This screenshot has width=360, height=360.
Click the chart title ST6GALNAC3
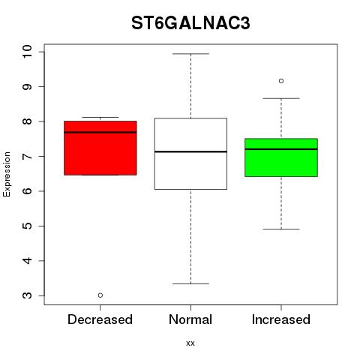point(190,23)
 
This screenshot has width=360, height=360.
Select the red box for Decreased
point(100,148)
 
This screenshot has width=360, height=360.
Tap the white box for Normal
point(190,154)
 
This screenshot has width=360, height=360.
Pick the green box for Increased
point(281,157)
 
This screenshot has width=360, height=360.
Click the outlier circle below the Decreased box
point(100,295)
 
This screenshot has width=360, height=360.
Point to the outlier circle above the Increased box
point(281,81)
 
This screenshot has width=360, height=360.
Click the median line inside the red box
point(100,132)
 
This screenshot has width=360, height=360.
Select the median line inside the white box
point(190,151)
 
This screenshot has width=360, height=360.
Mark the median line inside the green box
point(281,149)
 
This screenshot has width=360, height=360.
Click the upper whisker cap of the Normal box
point(190,54)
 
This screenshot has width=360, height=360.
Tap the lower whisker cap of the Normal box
point(190,283)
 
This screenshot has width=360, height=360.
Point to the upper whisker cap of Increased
point(281,98)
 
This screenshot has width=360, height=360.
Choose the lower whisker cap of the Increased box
point(281,229)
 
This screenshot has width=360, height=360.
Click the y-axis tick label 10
point(27,52)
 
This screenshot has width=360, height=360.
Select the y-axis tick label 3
point(27,295)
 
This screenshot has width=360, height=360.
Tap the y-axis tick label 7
point(27,156)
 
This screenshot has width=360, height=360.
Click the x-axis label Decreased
point(100,319)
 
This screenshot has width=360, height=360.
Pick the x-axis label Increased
point(281,319)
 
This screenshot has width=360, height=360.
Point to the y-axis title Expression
point(7,174)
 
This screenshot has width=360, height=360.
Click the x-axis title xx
point(190,343)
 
